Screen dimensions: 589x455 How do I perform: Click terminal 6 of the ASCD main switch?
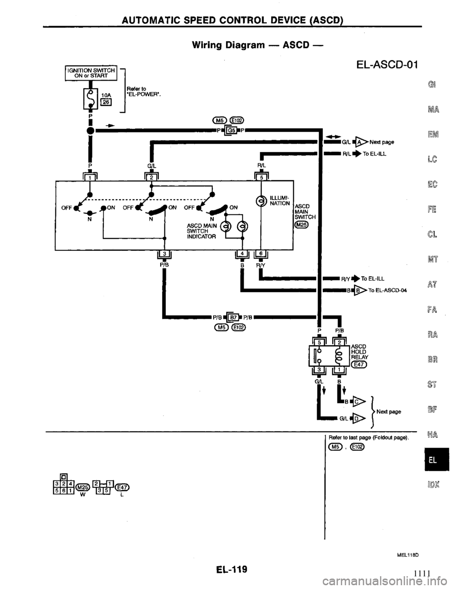(261, 258)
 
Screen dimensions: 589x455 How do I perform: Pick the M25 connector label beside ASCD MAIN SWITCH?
(301, 225)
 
